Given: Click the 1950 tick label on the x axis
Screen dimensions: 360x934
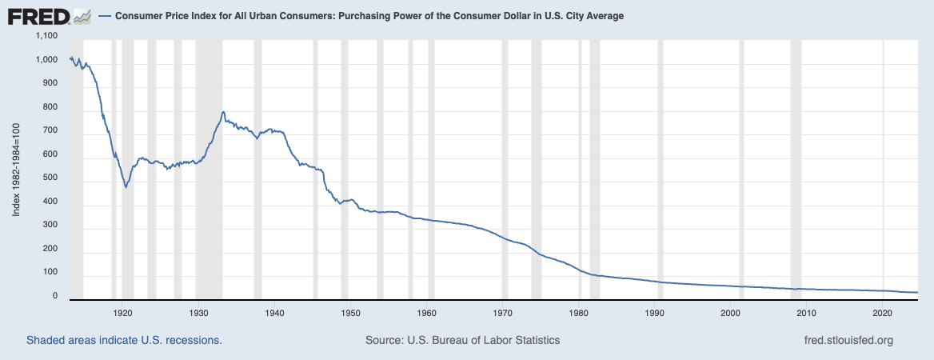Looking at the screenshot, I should pos(351,312).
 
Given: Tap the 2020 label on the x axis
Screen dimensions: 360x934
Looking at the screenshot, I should pos(882,312).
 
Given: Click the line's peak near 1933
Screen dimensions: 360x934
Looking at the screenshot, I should pos(223,112).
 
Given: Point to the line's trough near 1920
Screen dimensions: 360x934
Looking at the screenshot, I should pos(126,187).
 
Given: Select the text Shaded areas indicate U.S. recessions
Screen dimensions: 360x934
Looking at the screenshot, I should pos(124,340).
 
